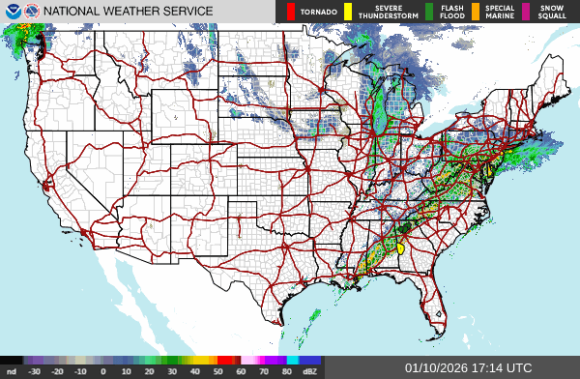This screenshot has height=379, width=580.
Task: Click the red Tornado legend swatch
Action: coord(290,12)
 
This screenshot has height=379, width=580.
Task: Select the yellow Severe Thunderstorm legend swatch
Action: coord(348,12)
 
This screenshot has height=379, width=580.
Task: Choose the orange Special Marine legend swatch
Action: coord(476,12)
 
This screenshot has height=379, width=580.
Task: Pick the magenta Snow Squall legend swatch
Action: coord(527,12)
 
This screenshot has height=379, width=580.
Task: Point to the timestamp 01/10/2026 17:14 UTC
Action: coord(469,367)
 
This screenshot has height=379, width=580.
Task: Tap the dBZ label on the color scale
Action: coord(309,370)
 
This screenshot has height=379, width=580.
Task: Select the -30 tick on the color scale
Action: coord(34,370)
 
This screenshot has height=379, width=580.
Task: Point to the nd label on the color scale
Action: coord(11,370)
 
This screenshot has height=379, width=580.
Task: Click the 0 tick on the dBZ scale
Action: coord(103,370)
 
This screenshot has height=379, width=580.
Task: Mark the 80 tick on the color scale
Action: coord(287,370)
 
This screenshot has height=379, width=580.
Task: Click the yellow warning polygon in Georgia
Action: coord(399,248)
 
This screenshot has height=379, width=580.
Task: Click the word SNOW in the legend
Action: coord(551,8)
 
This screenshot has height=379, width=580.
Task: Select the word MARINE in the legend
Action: coord(500,16)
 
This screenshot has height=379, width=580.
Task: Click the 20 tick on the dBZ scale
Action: coord(149,370)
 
